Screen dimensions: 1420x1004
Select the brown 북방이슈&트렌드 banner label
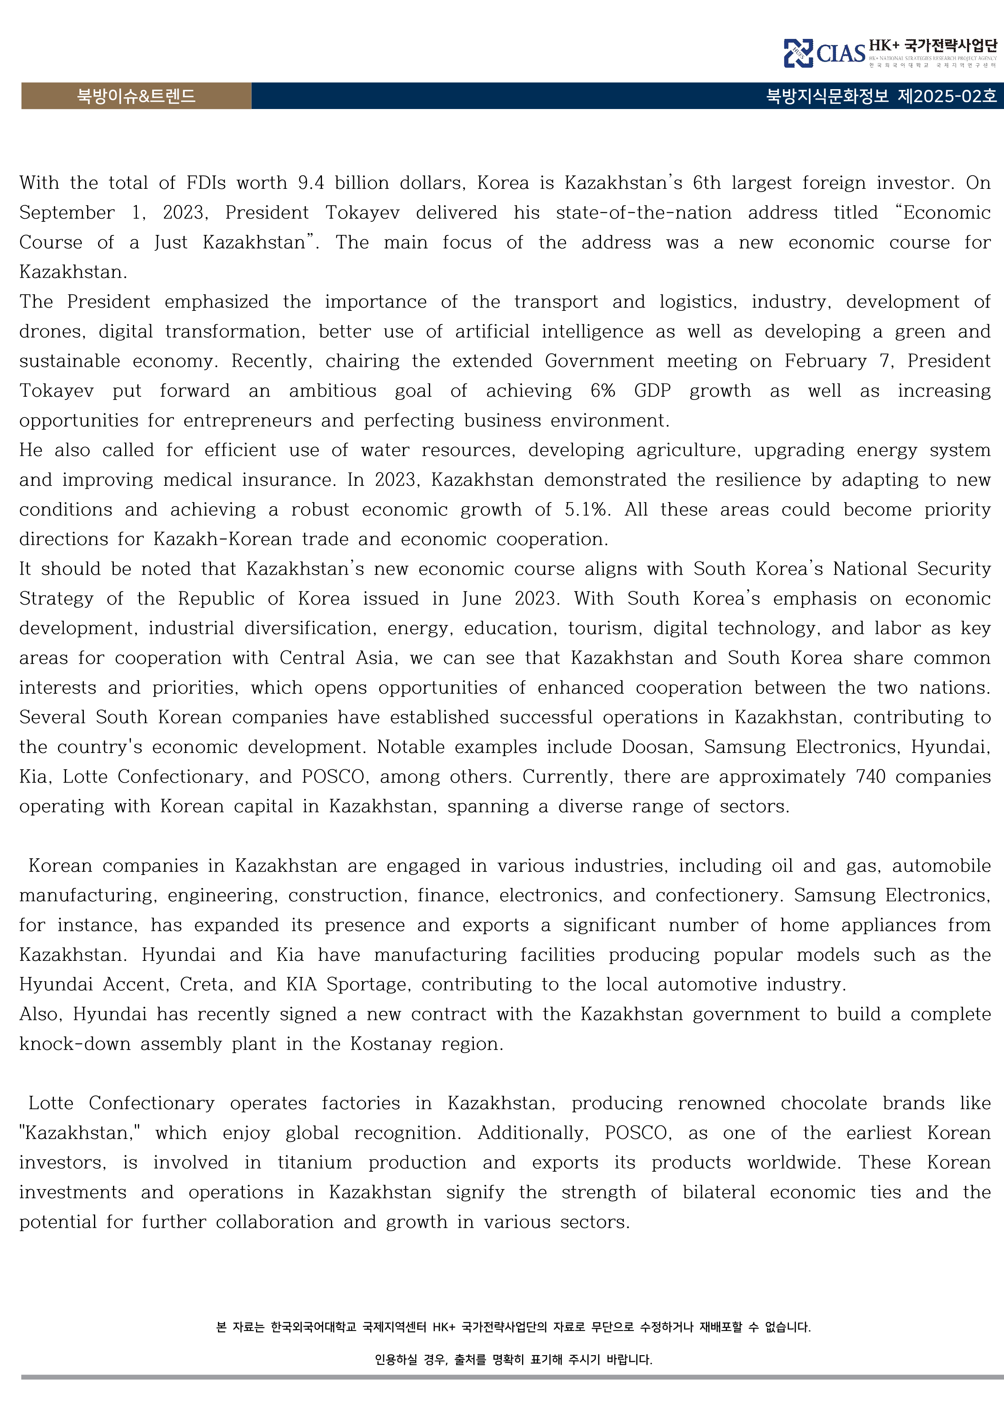(136, 96)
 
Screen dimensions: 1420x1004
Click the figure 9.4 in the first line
(310, 183)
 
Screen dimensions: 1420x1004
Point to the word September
(67, 213)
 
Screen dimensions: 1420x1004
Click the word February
(825, 361)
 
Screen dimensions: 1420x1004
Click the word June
(483, 599)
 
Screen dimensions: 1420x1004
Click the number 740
(870, 777)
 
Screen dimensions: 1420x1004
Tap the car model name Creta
(205, 985)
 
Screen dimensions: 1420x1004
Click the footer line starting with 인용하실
(513, 1359)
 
